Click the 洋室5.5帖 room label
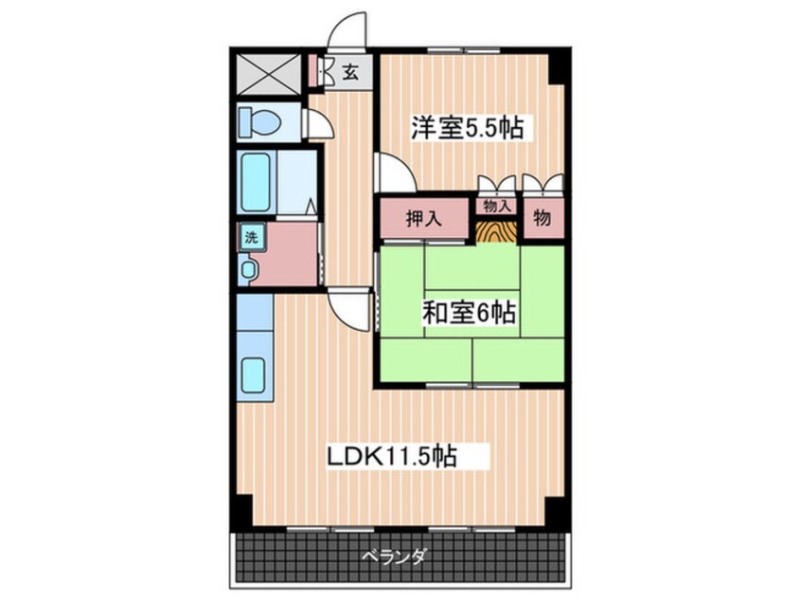[468, 128]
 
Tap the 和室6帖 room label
[468, 313]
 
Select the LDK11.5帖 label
[392, 456]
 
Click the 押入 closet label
[423, 219]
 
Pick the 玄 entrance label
[350, 72]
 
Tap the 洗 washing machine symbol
[251, 237]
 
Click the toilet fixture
[259, 122]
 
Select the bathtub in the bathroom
[255, 182]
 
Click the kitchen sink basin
[253, 375]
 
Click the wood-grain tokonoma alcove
[496, 230]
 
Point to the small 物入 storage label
[497, 207]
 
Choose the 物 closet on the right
[543, 217]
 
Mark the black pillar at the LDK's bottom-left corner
[241, 513]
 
